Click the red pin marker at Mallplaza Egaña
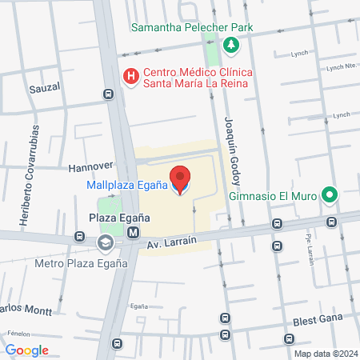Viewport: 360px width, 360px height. click(x=180, y=179)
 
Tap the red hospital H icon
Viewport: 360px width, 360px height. click(x=130, y=77)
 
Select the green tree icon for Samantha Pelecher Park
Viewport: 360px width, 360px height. click(x=230, y=45)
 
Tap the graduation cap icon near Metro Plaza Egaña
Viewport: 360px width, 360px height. click(x=105, y=242)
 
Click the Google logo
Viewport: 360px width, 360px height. click(x=26, y=350)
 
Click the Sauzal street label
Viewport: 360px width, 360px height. click(x=46, y=86)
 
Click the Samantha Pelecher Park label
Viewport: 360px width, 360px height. click(x=192, y=27)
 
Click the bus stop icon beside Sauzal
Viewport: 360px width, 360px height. click(x=108, y=94)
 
